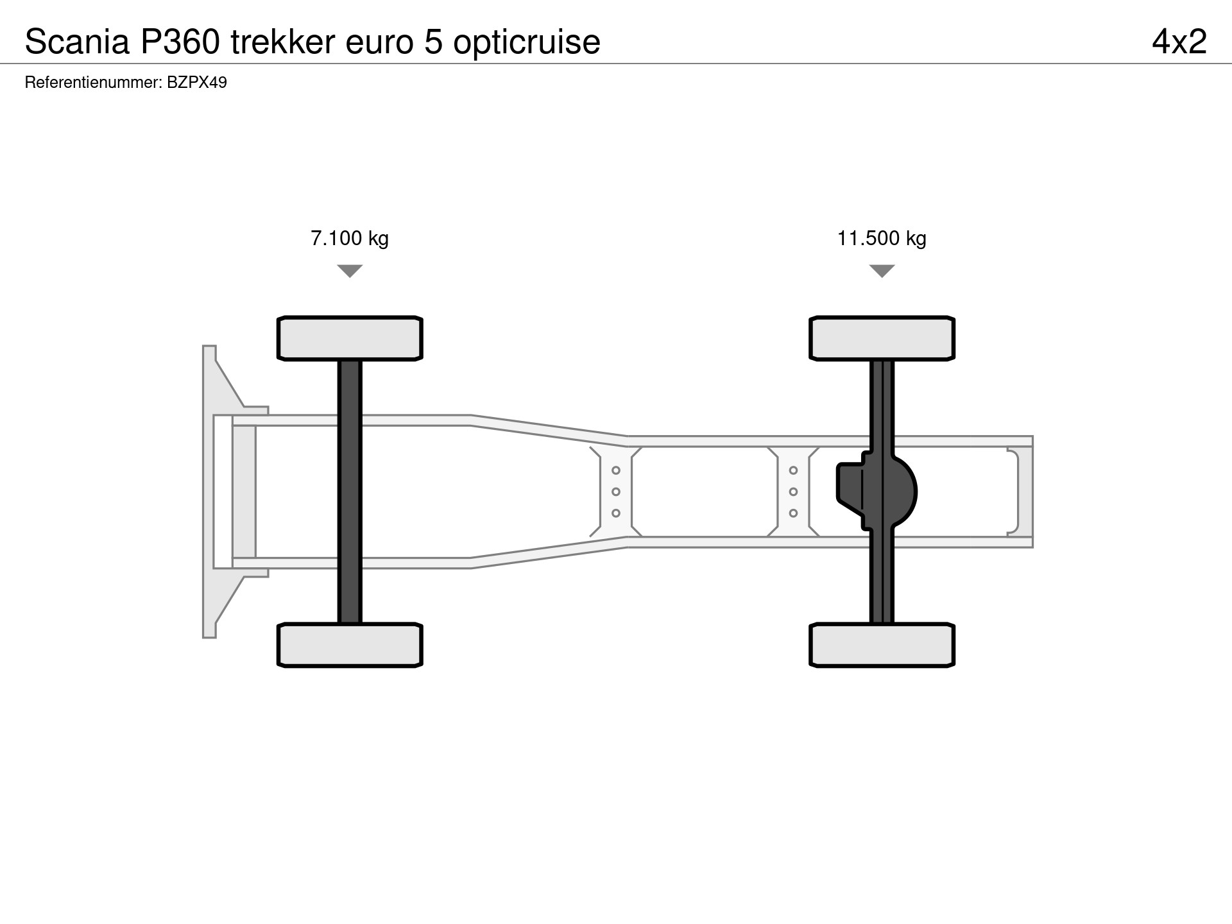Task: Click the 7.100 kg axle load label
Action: click(350, 239)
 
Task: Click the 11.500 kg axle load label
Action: click(882, 239)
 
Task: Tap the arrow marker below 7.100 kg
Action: click(350, 271)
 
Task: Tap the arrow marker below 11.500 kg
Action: click(882, 271)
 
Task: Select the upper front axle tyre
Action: click(350, 338)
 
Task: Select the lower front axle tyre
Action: click(350, 645)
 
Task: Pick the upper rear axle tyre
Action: click(882, 338)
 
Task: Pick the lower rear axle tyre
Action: click(882, 645)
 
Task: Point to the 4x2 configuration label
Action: click(1179, 42)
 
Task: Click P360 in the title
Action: click(176, 42)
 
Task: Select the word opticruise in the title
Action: click(527, 43)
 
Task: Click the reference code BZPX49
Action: click(197, 83)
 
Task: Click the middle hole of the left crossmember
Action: click(616, 492)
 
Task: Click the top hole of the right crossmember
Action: click(794, 471)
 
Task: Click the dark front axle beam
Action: click(350, 492)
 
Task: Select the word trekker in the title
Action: click(283, 42)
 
